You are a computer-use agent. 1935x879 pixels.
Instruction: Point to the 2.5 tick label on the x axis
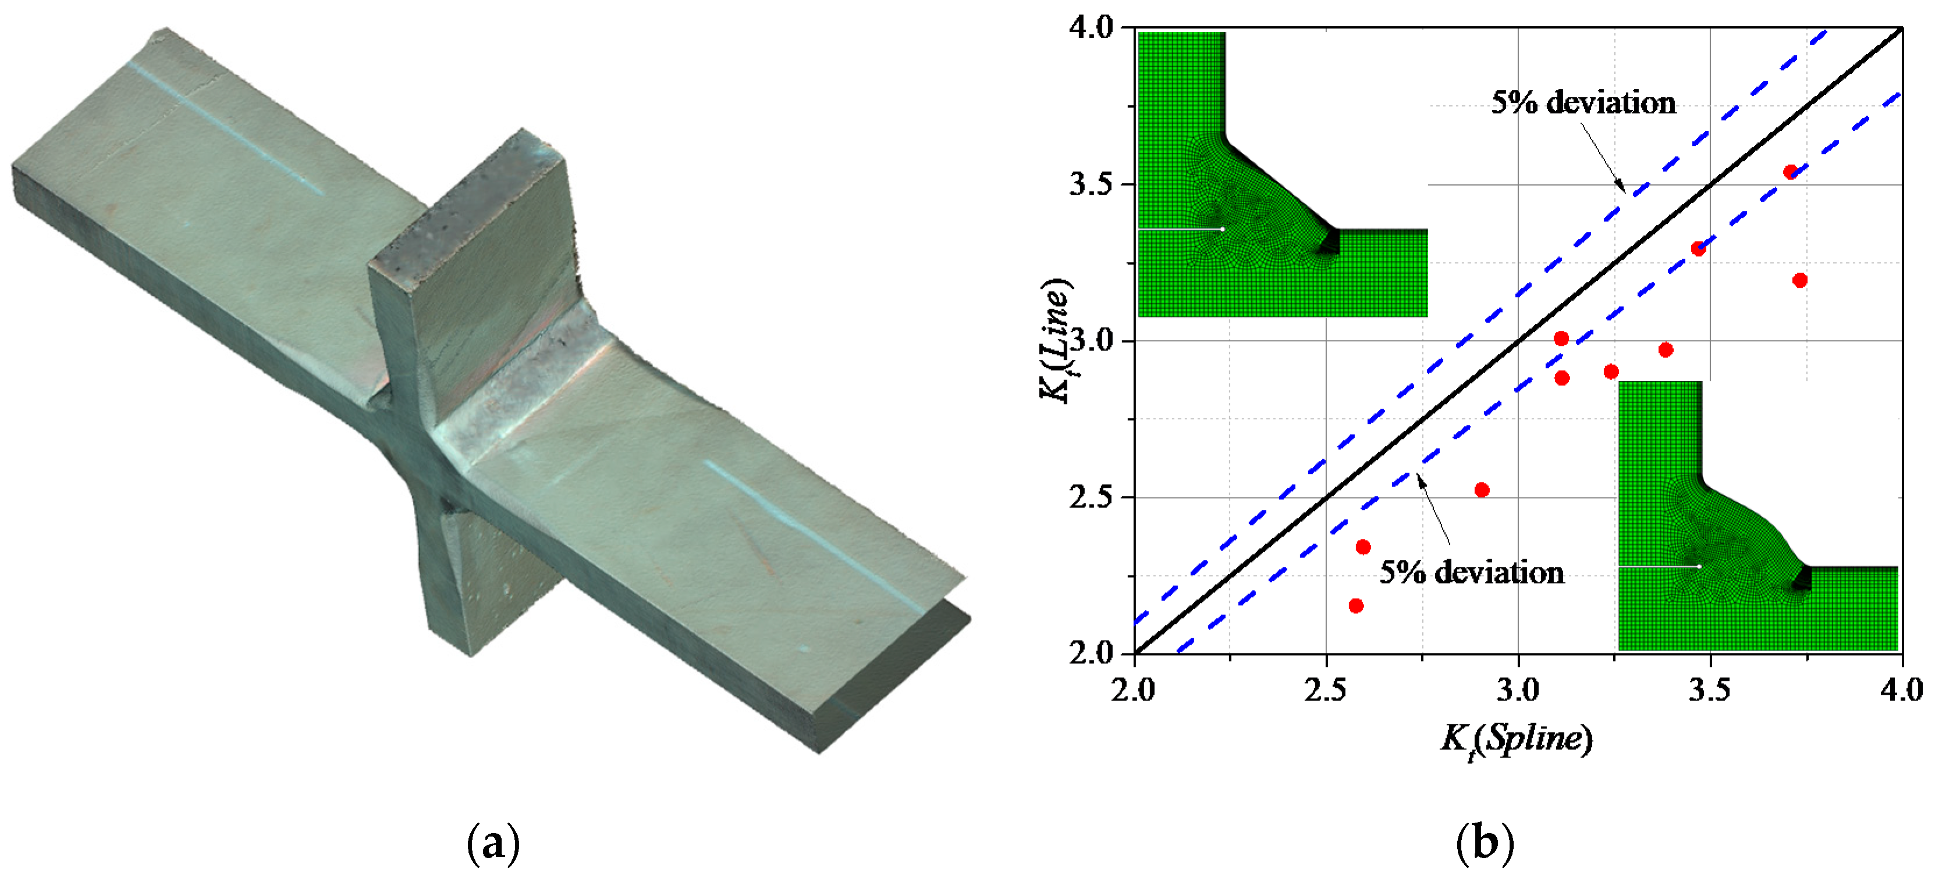click(x=1326, y=689)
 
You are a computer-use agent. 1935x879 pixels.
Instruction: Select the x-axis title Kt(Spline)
click(x=1516, y=739)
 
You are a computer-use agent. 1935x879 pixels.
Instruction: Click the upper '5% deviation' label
click(x=1583, y=103)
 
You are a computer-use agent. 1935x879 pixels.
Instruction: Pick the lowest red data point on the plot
click(x=1356, y=606)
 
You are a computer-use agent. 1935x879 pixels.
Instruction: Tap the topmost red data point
click(x=1791, y=172)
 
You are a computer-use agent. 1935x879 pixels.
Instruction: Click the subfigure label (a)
click(x=493, y=844)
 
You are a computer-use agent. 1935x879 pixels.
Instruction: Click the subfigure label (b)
click(x=1485, y=844)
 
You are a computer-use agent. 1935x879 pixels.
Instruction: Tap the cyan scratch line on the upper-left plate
click(x=225, y=128)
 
